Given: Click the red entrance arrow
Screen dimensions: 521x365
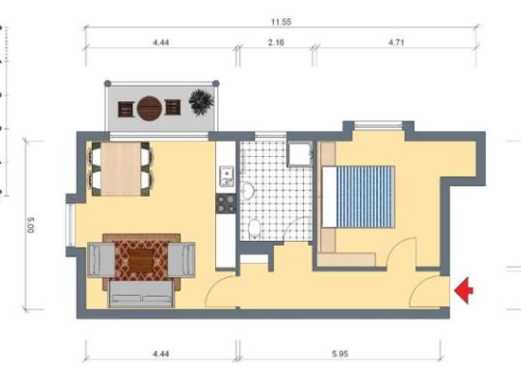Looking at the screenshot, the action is click(x=464, y=290).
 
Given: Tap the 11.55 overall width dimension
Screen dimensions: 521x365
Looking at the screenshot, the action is click(x=281, y=23).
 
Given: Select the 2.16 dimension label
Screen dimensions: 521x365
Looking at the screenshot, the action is click(x=276, y=43).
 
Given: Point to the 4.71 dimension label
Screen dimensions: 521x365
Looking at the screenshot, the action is click(x=396, y=43).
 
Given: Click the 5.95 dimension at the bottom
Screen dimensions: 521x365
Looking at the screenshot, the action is click(x=340, y=354).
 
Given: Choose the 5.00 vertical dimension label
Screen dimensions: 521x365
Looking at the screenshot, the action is click(x=30, y=225).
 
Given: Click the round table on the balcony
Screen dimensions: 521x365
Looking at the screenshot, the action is click(x=150, y=108).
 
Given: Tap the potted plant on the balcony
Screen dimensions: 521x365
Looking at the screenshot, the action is click(x=202, y=102).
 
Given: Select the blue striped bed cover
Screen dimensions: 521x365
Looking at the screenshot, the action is click(x=366, y=197).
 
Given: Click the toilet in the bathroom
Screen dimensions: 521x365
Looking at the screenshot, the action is click(x=255, y=229).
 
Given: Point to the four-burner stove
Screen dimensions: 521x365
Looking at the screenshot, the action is click(x=226, y=203).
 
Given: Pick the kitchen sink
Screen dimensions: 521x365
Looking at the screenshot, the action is click(x=226, y=176).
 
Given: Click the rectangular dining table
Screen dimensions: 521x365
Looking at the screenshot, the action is click(x=121, y=169).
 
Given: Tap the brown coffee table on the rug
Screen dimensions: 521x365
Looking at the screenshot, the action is click(x=141, y=261).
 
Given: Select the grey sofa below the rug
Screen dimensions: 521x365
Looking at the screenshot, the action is click(x=141, y=294).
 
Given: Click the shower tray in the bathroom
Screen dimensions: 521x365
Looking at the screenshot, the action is click(x=300, y=154).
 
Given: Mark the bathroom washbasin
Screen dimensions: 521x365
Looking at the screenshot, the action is click(x=247, y=190).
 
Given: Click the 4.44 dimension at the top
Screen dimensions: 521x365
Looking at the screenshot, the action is click(x=161, y=43).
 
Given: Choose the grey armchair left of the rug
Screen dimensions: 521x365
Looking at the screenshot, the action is click(x=101, y=260).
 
